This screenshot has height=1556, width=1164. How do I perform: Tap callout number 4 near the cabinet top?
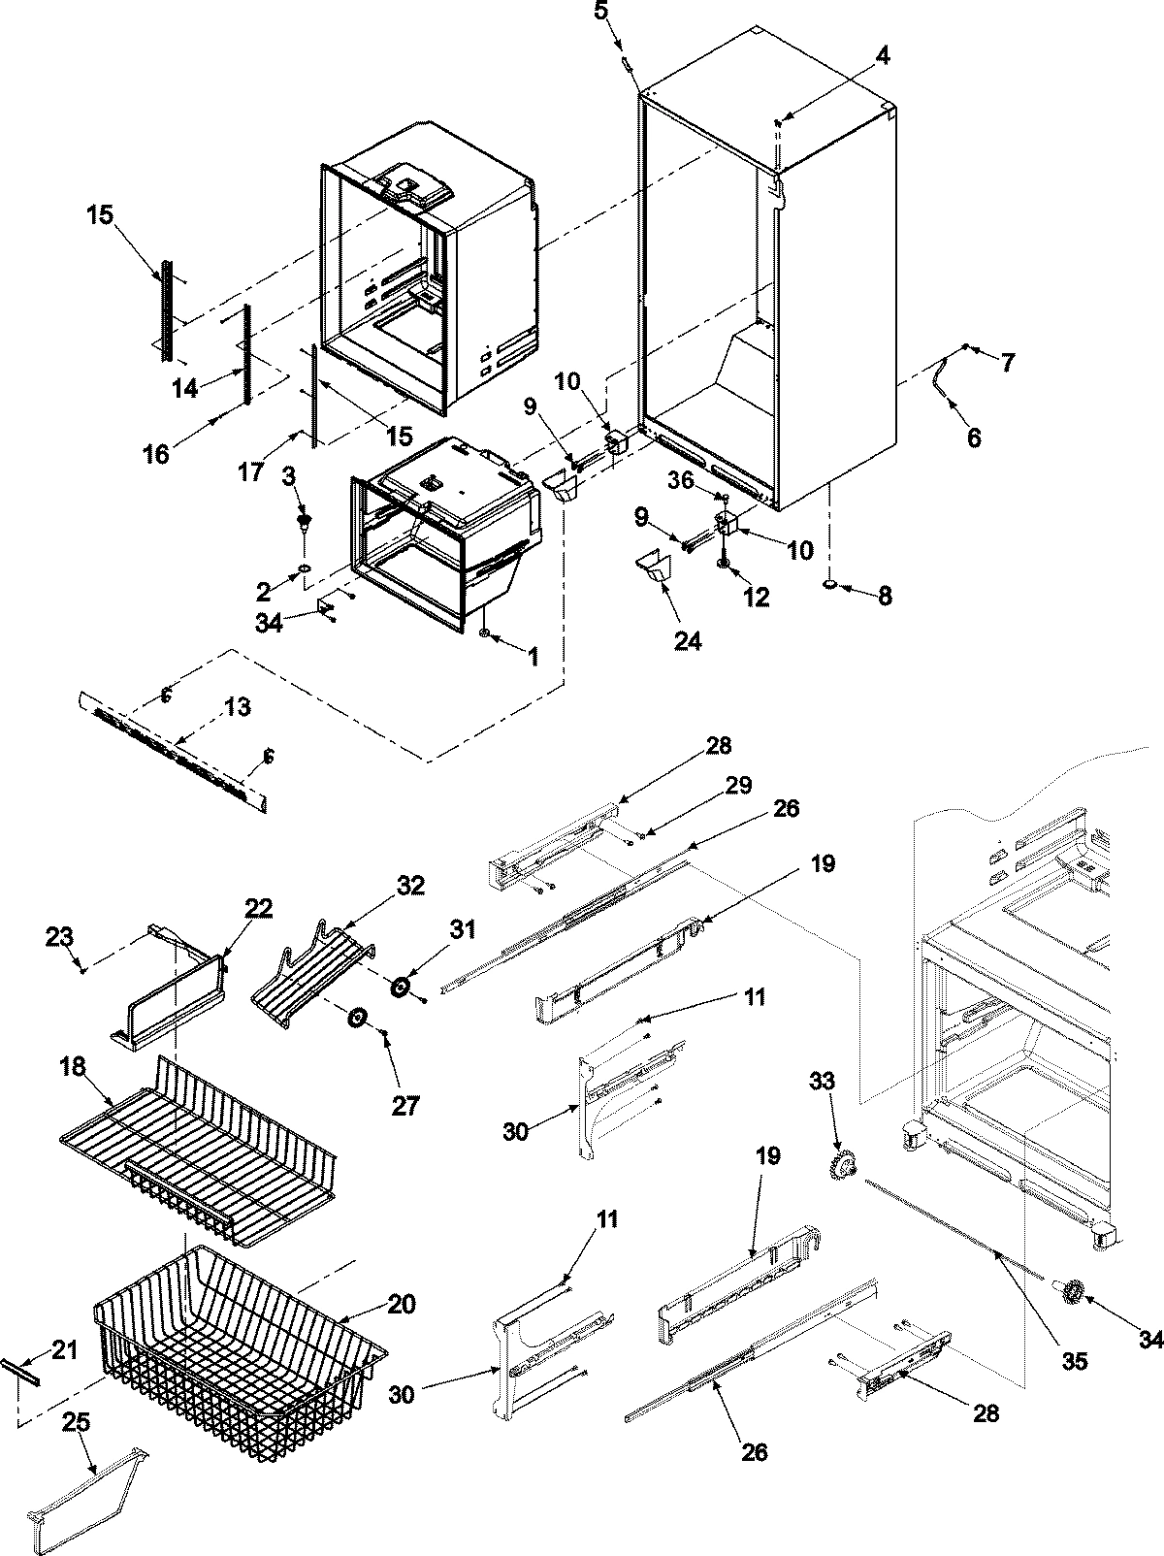pyautogui.click(x=881, y=56)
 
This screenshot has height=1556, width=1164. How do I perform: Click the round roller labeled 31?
pyautogui.click(x=400, y=988)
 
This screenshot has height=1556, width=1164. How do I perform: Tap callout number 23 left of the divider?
pyautogui.click(x=60, y=937)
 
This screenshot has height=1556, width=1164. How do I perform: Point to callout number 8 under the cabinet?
pyautogui.click(x=884, y=596)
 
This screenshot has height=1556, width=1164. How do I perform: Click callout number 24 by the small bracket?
pyautogui.click(x=689, y=640)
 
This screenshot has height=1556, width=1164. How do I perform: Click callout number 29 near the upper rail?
pyautogui.click(x=737, y=785)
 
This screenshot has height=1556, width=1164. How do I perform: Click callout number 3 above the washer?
pyautogui.click(x=288, y=475)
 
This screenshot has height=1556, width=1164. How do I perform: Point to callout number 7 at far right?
pyautogui.click(x=1008, y=363)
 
